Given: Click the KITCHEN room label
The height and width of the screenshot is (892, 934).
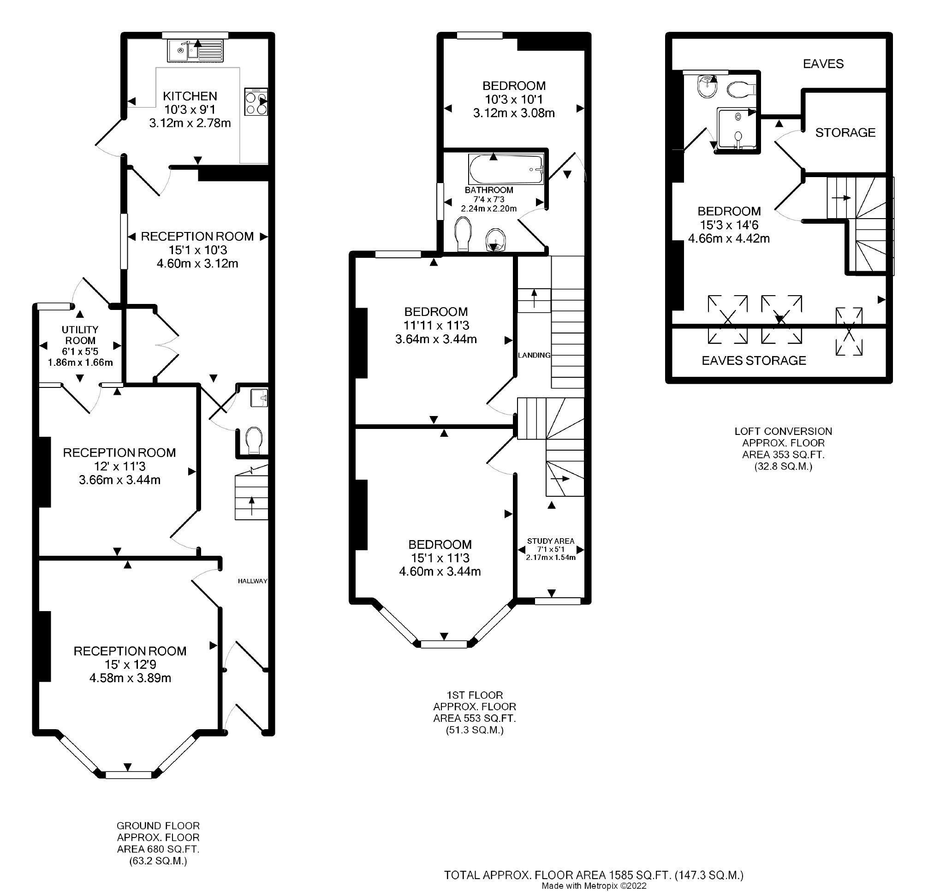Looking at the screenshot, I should pyautogui.click(x=190, y=96).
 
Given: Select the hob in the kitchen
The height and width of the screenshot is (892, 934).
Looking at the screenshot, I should pyautogui.click(x=256, y=102).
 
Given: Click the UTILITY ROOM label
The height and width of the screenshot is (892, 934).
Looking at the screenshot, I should pyautogui.click(x=80, y=335).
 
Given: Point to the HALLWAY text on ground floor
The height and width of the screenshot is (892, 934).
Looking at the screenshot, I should pyautogui.click(x=252, y=581).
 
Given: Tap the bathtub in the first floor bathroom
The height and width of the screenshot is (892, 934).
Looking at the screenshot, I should pyautogui.click(x=506, y=169).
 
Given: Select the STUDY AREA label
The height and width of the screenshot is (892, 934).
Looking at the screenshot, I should pyautogui.click(x=550, y=541).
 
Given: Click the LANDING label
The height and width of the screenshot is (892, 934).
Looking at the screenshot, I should pyautogui.click(x=534, y=355).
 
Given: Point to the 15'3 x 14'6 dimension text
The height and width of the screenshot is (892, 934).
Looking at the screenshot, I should pyautogui.click(x=729, y=225).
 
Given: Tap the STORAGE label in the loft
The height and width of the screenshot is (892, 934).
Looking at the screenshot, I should pyautogui.click(x=845, y=132).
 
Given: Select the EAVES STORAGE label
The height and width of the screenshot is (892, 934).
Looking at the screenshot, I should pyautogui.click(x=754, y=360).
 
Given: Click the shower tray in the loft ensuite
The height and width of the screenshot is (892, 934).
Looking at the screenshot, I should pyautogui.click(x=737, y=127).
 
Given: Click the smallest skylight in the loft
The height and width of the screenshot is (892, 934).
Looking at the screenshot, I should pyautogui.click(x=849, y=332).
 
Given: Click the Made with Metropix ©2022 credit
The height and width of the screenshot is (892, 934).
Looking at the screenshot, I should pyautogui.click(x=594, y=886).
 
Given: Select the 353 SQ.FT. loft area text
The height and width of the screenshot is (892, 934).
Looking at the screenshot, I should pyautogui.click(x=783, y=454).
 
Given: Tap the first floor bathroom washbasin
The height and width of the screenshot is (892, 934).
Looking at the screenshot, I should pyautogui.click(x=495, y=241).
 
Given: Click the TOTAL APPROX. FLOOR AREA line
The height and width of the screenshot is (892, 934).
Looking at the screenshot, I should pyautogui.click(x=594, y=874).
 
